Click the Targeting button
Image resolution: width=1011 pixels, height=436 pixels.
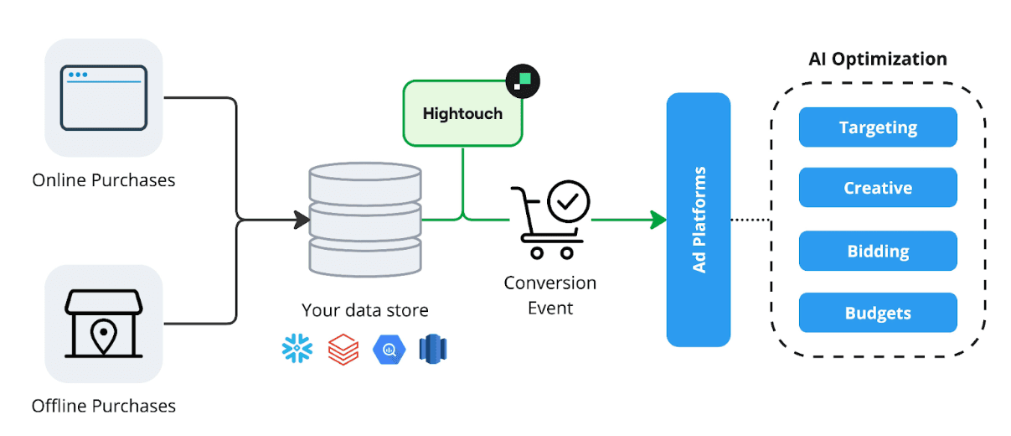pos(877,127)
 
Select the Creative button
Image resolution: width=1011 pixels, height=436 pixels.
pos(877,188)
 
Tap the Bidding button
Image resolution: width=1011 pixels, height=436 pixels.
pos(877,251)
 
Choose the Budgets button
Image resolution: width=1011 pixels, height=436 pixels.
pos(877,314)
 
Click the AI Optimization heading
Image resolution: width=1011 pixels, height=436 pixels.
pos(877,60)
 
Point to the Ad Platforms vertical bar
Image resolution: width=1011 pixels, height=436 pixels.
pos(699,220)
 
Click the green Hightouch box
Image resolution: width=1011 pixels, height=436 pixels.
pos(462,113)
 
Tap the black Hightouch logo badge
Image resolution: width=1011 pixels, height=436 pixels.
pos(524,80)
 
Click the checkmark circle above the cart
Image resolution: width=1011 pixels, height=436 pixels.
pos(569,201)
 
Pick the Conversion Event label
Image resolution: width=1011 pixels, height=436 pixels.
pos(549,295)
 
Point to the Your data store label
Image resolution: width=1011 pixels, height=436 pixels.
pos(364,310)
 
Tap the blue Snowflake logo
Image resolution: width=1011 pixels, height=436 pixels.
pos(297,348)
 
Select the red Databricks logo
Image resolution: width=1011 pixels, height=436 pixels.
pos(343,348)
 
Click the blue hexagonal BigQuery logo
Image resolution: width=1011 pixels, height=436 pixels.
pos(389,348)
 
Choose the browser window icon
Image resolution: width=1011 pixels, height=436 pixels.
pos(103,98)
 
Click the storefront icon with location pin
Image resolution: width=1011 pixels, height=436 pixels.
pos(103,324)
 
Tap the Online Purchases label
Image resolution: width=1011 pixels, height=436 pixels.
pos(103,180)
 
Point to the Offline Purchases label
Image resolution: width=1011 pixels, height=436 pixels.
pos(103,407)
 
